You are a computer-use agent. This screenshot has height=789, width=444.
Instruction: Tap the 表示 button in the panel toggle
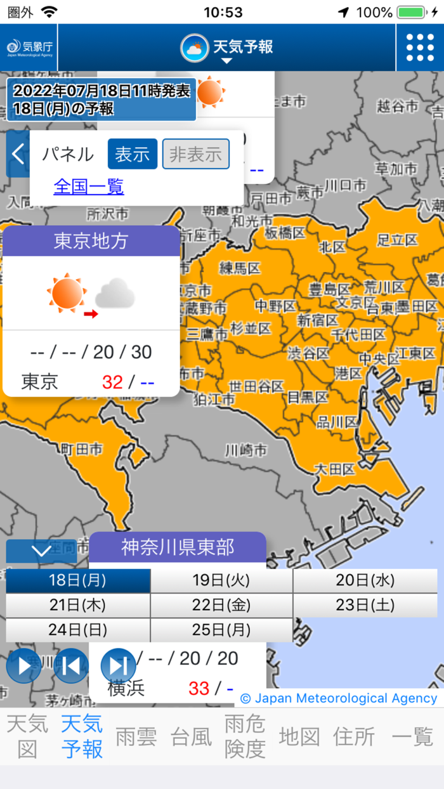[x=132, y=154]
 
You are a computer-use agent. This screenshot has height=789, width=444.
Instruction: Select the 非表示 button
[x=195, y=154]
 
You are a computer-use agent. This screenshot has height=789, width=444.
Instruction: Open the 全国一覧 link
[x=89, y=186]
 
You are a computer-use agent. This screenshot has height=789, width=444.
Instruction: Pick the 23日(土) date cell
[x=365, y=605]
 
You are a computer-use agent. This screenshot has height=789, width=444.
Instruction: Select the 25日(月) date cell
[x=221, y=630]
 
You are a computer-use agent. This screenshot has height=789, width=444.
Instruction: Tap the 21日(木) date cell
[x=77, y=605]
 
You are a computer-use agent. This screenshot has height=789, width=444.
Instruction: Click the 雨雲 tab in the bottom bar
[x=136, y=737]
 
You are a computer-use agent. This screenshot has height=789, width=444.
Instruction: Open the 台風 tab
[x=191, y=737]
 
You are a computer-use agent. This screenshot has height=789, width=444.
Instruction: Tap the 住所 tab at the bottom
[x=354, y=737]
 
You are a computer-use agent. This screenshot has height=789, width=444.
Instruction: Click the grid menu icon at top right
[x=420, y=48]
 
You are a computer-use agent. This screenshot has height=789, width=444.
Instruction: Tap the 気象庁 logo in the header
[x=29, y=48]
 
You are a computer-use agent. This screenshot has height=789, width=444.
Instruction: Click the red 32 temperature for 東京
[x=112, y=382]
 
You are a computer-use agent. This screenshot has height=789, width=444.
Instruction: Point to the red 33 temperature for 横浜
[x=199, y=688]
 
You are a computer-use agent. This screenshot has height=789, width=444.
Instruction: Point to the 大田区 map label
[x=335, y=470]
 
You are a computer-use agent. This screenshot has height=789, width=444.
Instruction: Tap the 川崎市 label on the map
[x=245, y=451]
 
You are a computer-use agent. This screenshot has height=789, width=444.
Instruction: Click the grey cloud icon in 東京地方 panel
[x=115, y=294]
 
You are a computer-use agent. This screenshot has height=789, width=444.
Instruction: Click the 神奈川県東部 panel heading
[x=178, y=547]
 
